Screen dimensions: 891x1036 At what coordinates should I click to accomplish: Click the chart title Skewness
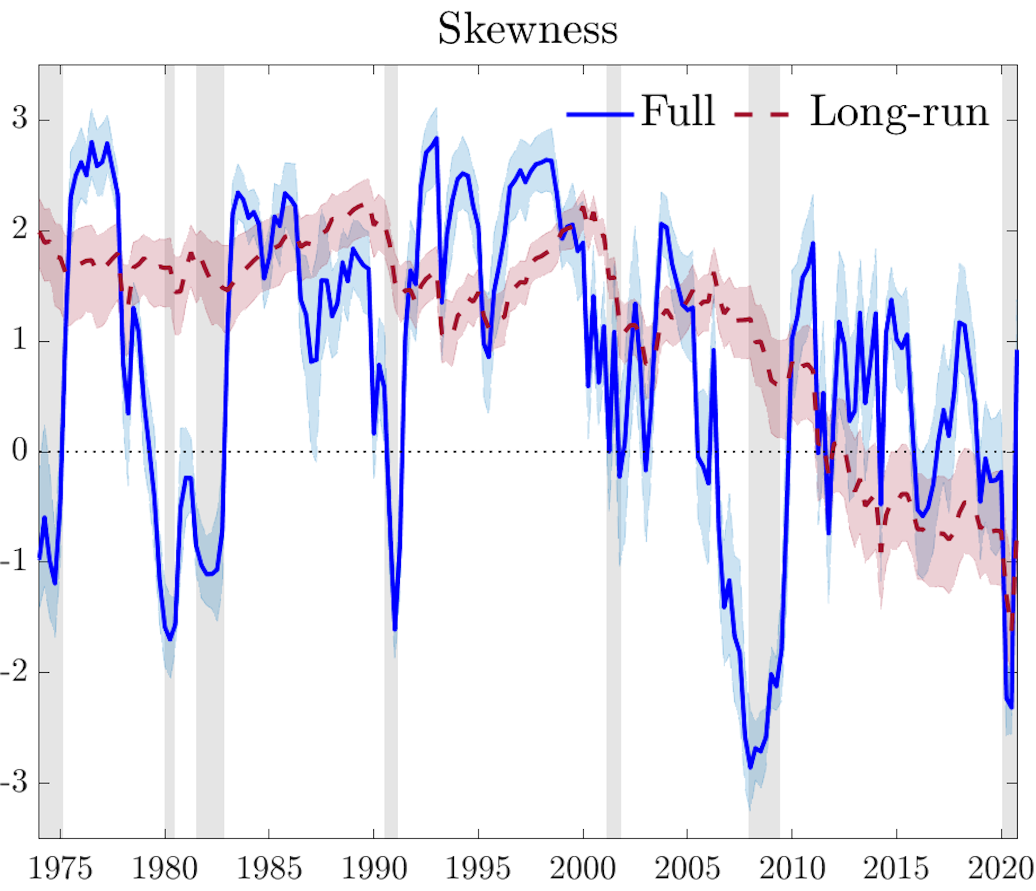pos(527,29)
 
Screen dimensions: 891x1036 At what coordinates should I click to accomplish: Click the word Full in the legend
pos(678,111)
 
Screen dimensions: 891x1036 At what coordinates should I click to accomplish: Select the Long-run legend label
pos(899,112)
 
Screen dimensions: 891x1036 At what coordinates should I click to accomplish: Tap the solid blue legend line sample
pos(600,114)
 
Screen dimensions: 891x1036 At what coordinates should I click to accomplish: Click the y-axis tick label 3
pos(19,117)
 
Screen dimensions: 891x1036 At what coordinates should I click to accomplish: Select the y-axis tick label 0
pos(19,449)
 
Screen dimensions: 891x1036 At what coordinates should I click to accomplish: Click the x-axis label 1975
pos(60,868)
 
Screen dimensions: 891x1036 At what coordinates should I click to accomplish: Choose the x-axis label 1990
pos(374,868)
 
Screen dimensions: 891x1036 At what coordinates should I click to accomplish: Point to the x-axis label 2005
pos(687,868)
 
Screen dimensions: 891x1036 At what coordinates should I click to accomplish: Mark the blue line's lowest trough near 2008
pos(750,767)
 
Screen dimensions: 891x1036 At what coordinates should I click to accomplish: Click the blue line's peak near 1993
pos(436,138)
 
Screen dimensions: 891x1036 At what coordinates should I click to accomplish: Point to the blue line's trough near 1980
pos(170,639)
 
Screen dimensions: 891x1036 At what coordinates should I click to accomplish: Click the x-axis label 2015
pos(896,868)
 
